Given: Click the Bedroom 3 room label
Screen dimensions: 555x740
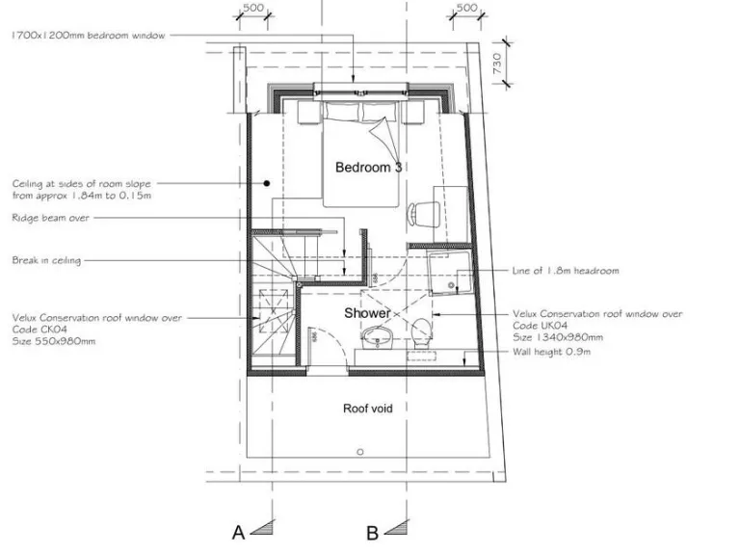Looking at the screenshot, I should [x=368, y=168].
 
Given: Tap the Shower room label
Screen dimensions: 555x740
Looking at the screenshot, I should [x=367, y=313].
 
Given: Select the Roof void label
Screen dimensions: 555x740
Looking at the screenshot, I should [x=367, y=409].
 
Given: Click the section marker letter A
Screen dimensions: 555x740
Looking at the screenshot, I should [x=237, y=532].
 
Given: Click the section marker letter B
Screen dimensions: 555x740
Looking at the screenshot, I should [x=372, y=532].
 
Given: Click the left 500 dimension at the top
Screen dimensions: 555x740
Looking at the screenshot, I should [x=252, y=9].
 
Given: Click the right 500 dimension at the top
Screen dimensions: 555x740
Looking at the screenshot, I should [x=466, y=9].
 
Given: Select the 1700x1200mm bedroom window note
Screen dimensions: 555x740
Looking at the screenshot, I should [x=89, y=36].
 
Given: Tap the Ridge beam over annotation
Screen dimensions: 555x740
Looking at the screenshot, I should [x=50, y=218].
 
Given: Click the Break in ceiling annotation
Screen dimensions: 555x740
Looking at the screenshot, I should [x=46, y=260].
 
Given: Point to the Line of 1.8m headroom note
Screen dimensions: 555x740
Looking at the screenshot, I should [x=565, y=271].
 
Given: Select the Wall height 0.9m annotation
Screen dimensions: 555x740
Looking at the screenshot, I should [x=551, y=352].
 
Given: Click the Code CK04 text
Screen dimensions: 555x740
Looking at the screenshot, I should [x=40, y=328].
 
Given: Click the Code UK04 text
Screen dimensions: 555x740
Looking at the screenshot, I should [x=540, y=327].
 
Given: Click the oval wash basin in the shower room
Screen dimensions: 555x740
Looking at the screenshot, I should [x=376, y=337].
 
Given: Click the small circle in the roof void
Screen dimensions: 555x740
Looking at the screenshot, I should [x=358, y=451].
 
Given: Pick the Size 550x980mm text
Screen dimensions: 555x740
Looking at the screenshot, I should [x=54, y=340].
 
